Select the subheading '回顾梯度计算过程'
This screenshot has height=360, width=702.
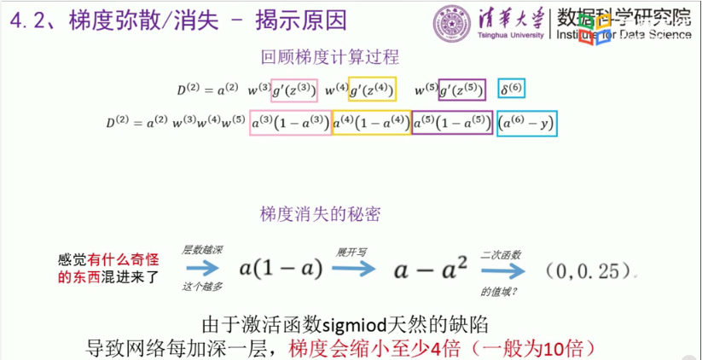pos(329,58)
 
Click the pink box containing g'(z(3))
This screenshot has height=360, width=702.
pos(293,89)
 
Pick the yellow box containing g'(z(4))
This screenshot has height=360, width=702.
pos(373,89)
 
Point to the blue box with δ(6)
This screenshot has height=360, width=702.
pos(514,89)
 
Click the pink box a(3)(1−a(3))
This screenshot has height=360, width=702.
pos(290,123)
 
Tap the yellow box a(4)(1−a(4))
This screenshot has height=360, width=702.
pos(371,123)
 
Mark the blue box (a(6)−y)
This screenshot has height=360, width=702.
pos(527,123)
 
